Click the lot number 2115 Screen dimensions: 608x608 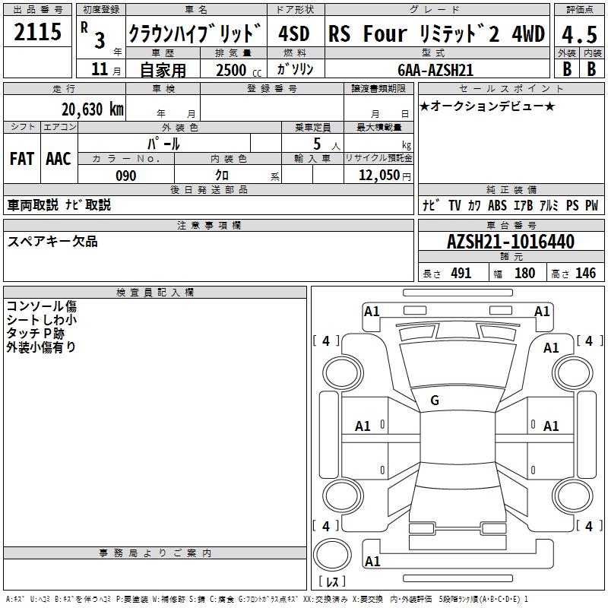tap(37, 32)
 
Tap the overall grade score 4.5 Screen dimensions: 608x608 tap(579, 34)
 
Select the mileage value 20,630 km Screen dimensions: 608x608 tap(93, 109)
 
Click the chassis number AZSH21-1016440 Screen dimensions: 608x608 tap(511, 241)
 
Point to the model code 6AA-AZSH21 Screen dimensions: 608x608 tap(435, 70)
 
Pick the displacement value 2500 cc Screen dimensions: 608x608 tap(239, 70)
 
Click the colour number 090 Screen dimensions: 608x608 tap(126, 176)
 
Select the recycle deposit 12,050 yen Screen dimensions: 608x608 tap(385, 176)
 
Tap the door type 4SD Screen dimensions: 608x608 tap(294, 33)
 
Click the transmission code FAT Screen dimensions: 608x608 tap(22, 159)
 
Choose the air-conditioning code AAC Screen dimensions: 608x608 tap(59, 159)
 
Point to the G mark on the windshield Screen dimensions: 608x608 tap(435, 401)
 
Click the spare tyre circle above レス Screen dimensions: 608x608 tap(332, 555)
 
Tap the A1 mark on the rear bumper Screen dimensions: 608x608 tap(372, 561)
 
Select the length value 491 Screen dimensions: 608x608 tap(461, 273)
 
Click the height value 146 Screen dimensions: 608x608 tap(585, 273)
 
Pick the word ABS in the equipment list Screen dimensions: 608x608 tap(497, 205)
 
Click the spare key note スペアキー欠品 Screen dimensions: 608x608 tap(52, 241)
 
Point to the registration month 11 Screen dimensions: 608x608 tap(100, 69)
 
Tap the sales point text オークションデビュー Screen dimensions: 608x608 tap(487, 106)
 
